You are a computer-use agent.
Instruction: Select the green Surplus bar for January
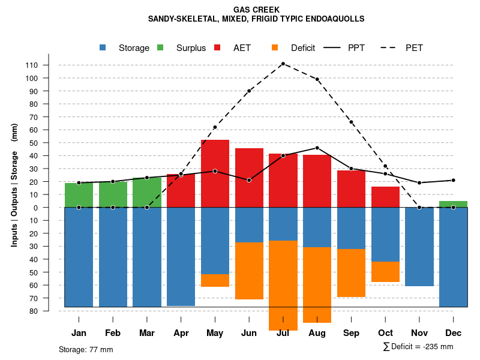point(79,195)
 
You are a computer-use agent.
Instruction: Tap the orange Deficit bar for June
point(249,271)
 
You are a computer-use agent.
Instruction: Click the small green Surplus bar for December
point(453,204)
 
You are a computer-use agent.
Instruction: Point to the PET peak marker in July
point(283,64)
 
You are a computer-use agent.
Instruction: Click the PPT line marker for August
point(317,148)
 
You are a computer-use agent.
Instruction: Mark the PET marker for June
point(249,91)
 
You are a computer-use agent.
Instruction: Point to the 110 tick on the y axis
point(49,65)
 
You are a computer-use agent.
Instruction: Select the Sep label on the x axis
point(351,333)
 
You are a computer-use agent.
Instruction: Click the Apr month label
point(181,333)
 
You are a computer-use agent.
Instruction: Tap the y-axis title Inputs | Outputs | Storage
point(14,184)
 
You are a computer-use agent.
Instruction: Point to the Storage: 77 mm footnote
point(86,349)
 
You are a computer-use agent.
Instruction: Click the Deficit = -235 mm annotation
point(418,347)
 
